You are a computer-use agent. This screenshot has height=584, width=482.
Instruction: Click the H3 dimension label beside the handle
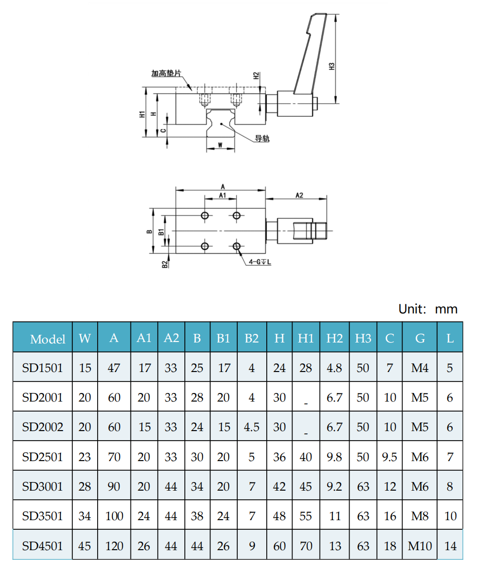(332, 66)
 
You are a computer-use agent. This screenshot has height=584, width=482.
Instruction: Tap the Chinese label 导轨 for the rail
(262, 138)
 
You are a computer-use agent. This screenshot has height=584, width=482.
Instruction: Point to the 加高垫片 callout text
(166, 73)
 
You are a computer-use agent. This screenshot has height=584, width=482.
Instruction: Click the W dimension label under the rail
(220, 145)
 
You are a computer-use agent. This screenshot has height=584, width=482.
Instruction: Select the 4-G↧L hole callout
(260, 262)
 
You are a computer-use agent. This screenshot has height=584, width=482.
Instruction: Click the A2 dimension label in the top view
(299, 195)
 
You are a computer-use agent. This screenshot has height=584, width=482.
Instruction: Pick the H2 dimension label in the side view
(256, 76)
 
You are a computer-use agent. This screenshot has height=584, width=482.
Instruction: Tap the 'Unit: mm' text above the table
(428, 309)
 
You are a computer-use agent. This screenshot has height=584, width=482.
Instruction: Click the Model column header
(48, 339)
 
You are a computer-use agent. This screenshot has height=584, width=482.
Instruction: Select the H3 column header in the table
(363, 338)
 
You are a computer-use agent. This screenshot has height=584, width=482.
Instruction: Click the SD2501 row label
(42, 457)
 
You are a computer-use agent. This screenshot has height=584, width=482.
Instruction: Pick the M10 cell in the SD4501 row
(420, 546)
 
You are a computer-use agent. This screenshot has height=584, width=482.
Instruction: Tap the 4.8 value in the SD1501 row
(334, 368)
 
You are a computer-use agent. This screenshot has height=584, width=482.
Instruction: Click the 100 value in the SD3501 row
(114, 516)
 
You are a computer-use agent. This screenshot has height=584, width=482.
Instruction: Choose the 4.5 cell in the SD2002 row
(251, 427)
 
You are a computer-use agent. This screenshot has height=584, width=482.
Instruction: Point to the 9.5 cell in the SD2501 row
(389, 457)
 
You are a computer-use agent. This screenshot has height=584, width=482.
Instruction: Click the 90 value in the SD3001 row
(114, 486)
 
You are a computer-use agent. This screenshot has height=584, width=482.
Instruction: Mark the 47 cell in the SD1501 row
(114, 368)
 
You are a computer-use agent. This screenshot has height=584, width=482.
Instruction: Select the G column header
(420, 338)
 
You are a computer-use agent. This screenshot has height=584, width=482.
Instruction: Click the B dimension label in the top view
(149, 232)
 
